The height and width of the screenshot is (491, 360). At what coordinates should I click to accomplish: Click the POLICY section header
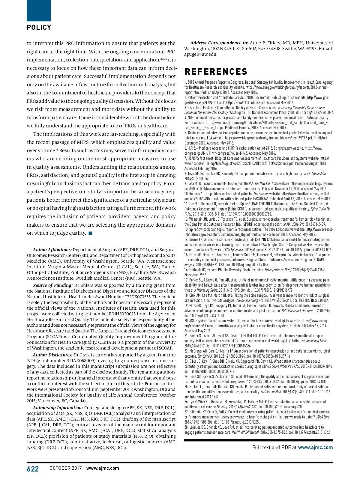(39, 28)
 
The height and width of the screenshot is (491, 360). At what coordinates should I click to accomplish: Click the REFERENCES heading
(216, 72)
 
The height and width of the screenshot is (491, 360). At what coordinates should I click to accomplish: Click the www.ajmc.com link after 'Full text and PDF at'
(315, 447)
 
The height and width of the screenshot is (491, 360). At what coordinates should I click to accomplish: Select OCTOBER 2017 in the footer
(65, 468)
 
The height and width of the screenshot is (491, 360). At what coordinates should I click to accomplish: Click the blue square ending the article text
(90, 233)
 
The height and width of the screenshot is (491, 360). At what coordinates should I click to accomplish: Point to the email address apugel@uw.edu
(201, 55)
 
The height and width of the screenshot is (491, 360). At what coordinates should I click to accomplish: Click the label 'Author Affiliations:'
(52, 250)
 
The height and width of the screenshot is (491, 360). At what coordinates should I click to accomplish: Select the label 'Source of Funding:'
(53, 285)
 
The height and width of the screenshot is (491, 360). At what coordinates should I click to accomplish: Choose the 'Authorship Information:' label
(58, 408)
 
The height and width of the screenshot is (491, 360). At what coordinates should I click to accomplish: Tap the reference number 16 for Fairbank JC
(186, 270)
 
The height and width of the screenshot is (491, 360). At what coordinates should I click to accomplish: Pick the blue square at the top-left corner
(39, 10)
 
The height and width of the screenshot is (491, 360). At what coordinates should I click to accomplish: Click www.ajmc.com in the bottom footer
(103, 468)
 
